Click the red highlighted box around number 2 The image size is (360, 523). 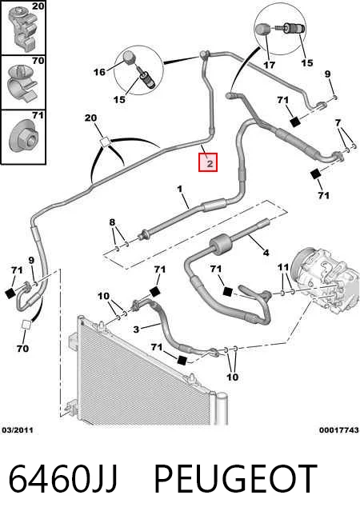point(208,162)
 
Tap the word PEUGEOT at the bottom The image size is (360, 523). point(235,479)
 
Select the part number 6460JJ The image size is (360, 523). point(63,479)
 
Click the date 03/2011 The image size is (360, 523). point(18,430)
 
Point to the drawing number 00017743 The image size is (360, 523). point(338,430)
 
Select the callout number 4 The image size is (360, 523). point(266,253)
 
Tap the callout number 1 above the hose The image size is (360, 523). point(180,189)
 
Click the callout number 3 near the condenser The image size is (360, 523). point(136,329)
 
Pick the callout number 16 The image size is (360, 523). point(99,72)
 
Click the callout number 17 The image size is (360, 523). point(270,65)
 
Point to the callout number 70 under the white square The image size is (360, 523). point(22,349)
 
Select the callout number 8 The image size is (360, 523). point(112,222)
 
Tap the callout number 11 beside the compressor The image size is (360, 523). point(283,267)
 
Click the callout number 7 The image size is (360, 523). point(338,122)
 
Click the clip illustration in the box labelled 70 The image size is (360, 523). point(23,83)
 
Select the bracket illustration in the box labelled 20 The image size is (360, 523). point(25,28)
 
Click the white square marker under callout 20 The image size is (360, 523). point(105,142)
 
